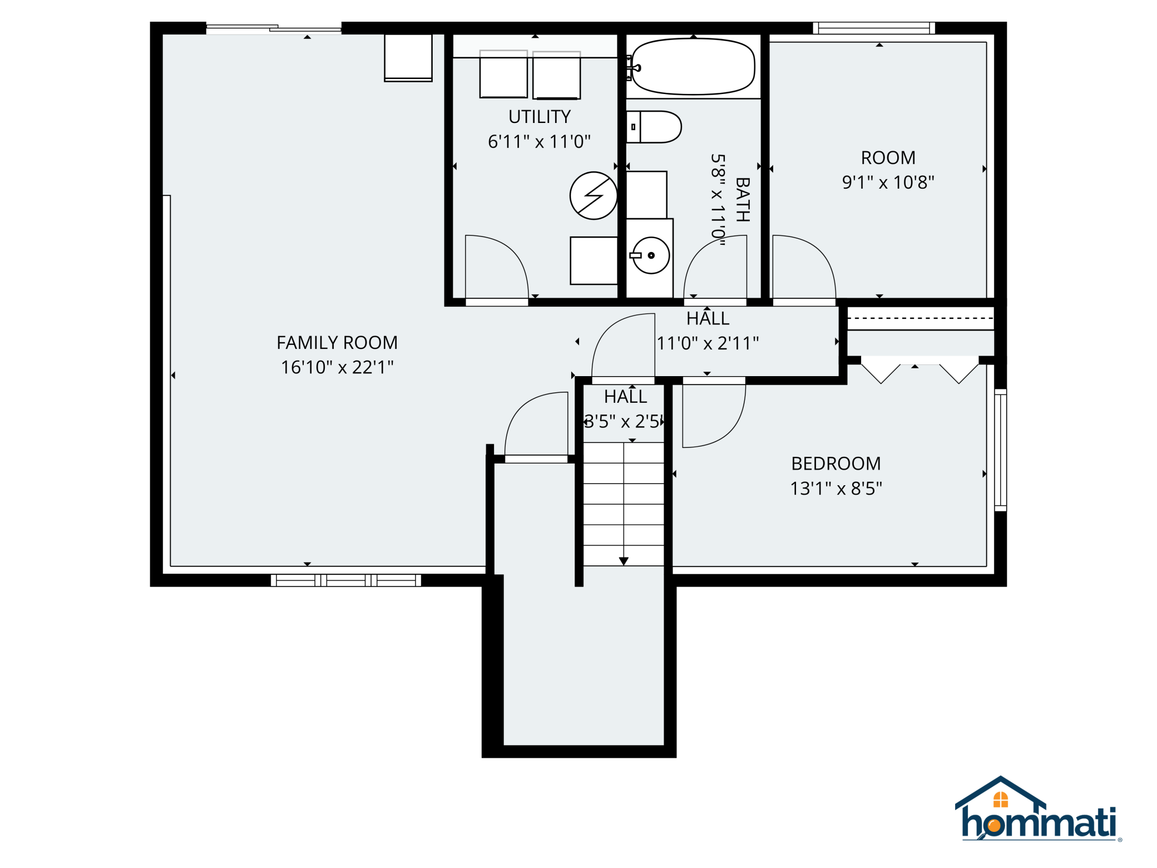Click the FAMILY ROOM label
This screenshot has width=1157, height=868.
click(337, 343)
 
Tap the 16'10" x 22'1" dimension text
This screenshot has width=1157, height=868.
click(337, 367)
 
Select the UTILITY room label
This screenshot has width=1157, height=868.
click(540, 117)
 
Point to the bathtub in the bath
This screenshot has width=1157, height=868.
click(694, 66)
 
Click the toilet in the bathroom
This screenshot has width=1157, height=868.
click(654, 127)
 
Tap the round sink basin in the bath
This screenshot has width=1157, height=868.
click(651, 255)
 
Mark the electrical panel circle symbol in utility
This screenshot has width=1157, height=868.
click(594, 195)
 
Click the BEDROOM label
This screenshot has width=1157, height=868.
click(836, 463)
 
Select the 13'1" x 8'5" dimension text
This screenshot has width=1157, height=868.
click(836, 489)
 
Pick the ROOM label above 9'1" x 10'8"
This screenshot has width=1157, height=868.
click(888, 158)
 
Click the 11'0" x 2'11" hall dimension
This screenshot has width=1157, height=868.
click(708, 343)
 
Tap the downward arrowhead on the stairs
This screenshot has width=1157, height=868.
click(624, 561)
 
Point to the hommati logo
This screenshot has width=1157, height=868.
click(1038, 810)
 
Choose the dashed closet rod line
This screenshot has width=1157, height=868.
click(920, 319)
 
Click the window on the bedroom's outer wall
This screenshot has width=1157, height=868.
click(1001, 450)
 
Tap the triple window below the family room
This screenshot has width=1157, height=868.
click(346, 580)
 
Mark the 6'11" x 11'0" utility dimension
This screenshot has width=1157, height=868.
click(539, 142)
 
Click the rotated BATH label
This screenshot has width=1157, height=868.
click(743, 200)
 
